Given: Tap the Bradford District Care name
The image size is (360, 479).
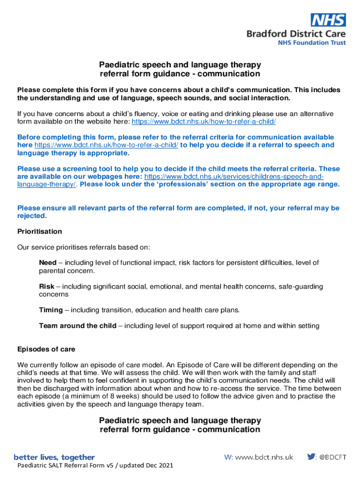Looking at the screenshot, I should [296, 34].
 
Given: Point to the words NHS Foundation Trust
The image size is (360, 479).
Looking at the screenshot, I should [312, 43].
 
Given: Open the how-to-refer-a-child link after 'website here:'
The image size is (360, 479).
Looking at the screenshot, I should [203, 122].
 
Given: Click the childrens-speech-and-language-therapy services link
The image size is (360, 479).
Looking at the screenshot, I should [234, 176].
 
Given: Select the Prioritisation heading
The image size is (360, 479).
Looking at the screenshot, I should [39, 232].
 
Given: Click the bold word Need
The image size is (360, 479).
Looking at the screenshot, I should [47, 263].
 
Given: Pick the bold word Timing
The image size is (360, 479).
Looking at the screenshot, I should [50, 310].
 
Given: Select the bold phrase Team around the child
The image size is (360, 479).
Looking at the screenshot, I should [78, 326].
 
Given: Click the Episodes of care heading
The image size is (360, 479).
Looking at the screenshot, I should [46, 349].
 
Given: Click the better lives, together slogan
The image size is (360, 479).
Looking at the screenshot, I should [54, 457].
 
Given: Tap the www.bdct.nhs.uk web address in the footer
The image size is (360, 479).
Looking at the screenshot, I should [264, 457].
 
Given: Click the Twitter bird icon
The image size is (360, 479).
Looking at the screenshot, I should [311, 457].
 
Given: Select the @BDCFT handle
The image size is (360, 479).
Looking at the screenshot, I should [333, 457].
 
